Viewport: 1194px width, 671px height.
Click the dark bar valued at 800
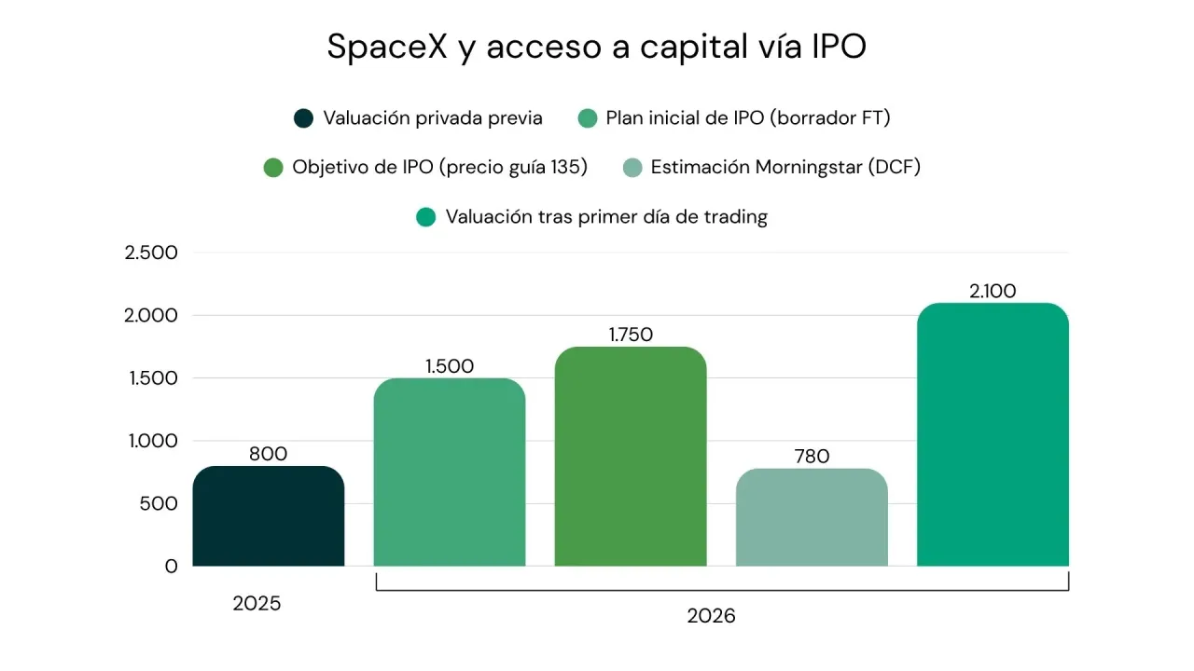pos(268,516)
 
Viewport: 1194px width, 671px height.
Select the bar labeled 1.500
pos(450,472)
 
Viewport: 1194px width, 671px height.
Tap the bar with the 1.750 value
pos(631,457)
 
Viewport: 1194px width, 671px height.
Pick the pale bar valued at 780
pos(812,517)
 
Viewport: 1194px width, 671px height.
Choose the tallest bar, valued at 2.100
pos(993,434)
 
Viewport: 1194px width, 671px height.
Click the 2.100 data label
pos(993,291)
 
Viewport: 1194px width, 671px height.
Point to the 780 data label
pos(812,457)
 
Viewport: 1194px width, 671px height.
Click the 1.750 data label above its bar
pos(631,335)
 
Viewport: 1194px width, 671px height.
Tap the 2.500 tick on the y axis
pos(151,253)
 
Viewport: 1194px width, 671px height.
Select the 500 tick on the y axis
pos(159,503)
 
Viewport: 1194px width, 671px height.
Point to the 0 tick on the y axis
pos(171,566)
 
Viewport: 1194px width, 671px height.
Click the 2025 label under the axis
pos(257,603)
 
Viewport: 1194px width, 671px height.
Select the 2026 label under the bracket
pos(711,616)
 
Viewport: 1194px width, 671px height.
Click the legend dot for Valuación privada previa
pos(303,118)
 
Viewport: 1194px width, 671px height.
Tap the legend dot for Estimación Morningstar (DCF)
pos(632,168)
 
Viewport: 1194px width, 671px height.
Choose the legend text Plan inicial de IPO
pos(685,117)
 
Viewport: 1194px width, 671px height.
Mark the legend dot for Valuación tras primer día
pos(425,217)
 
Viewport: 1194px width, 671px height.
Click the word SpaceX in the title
pos(387,47)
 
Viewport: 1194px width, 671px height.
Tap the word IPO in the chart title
pos(839,47)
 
